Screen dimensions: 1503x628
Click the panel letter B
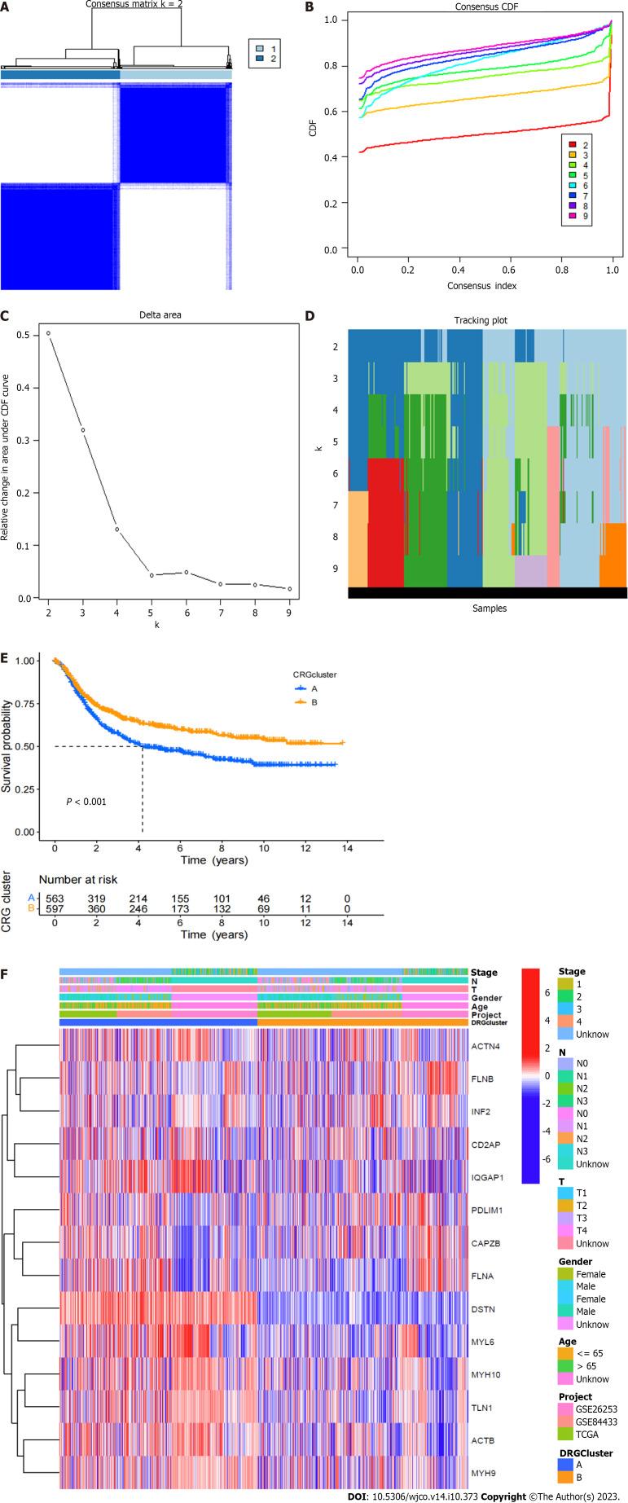310,7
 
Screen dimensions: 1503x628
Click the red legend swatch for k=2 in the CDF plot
573,145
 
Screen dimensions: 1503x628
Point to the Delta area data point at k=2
48,333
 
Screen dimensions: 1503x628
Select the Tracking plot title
487,320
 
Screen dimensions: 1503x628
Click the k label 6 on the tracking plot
336,473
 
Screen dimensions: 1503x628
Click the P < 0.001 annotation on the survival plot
86,802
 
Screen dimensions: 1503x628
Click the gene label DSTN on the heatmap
483,1309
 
